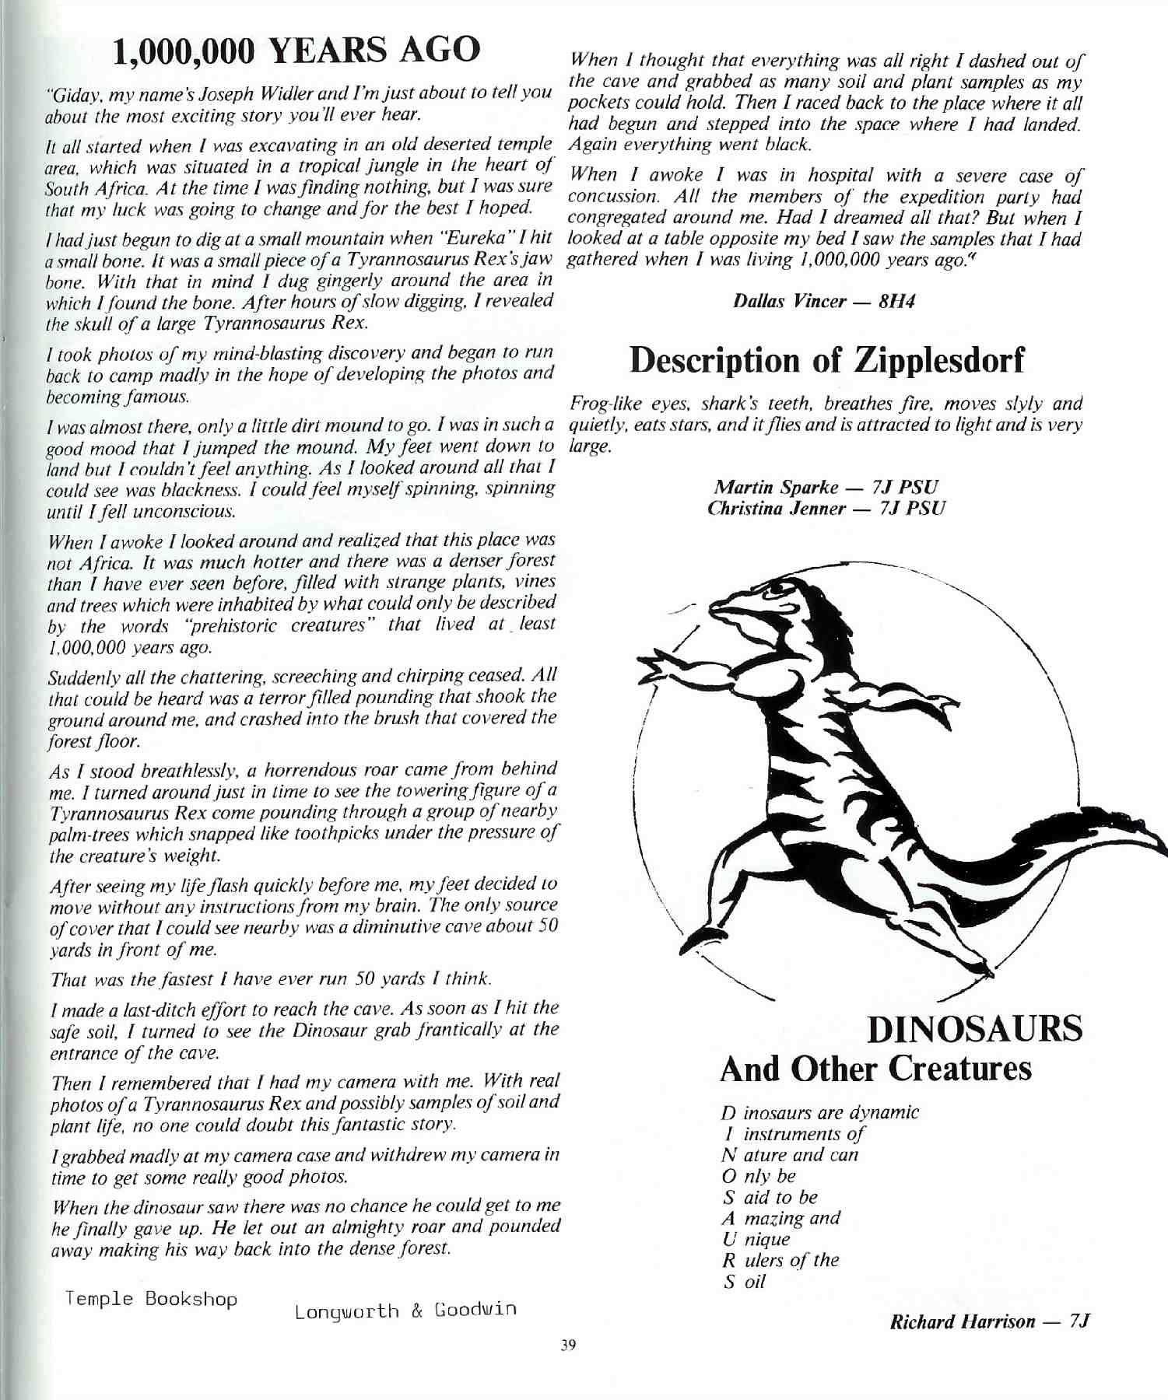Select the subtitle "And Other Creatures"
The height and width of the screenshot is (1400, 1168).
(x=875, y=1069)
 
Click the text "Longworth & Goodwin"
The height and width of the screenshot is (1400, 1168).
(x=405, y=1311)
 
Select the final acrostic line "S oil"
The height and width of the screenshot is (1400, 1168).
(x=745, y=1282)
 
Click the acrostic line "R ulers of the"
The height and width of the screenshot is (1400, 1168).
(x=780, y=1260)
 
